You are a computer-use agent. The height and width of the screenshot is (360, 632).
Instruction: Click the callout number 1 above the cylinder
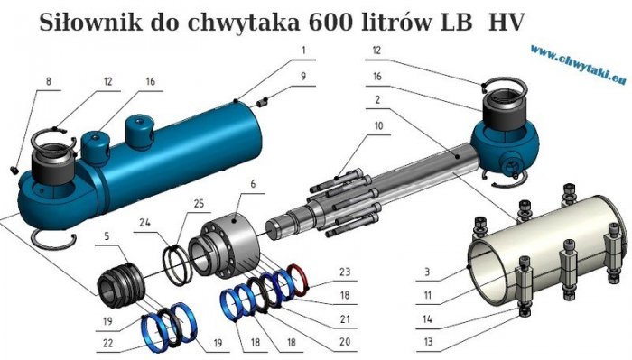point(304,51)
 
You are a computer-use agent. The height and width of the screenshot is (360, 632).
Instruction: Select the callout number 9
point(304,75)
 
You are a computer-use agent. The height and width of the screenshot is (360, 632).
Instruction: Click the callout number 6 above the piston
point(253,184)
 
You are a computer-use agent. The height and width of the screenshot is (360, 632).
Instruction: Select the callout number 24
point(144,221)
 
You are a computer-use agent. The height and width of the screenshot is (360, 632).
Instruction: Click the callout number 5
point(106,237)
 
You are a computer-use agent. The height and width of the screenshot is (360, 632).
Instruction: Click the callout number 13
point(429,342)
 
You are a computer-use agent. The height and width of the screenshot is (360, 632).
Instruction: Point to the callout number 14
point(429,318)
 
